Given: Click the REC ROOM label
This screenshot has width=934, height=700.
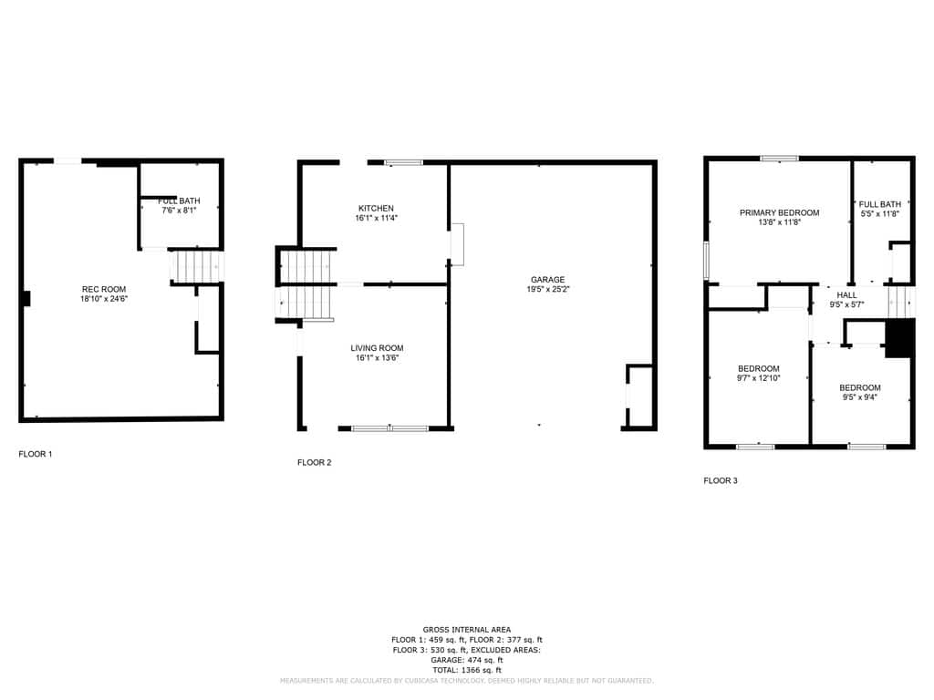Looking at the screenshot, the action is click(104, 289).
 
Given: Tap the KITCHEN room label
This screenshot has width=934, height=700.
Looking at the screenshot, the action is click(376, 209).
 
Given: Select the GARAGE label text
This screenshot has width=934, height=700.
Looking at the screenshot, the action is click(548, 280).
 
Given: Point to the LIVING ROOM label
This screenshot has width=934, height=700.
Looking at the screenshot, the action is click(377, 348).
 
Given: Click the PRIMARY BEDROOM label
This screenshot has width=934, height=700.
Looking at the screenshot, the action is click(779, 212).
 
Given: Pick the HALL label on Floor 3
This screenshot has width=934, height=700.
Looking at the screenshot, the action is click(846, 294).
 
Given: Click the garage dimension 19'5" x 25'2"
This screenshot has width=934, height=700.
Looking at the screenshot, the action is click(548, 289).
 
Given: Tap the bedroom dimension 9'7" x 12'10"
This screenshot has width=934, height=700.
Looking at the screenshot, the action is click(758, 378).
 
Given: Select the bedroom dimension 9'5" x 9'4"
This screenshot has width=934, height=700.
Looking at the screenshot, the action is click(859, 397).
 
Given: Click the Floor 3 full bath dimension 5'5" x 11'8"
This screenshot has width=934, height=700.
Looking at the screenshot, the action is click(880, 213).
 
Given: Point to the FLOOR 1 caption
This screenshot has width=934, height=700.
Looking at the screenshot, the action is click(36, 454).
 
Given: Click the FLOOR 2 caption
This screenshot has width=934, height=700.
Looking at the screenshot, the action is click(315, 462).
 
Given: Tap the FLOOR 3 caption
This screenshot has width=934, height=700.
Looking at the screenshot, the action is click(721, 480).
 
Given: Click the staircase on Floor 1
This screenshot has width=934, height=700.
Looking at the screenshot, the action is click(197, 267).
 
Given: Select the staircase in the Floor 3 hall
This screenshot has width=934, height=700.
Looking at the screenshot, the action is click(901, 303).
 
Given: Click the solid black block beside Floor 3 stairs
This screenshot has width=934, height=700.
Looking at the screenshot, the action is click(900, 338).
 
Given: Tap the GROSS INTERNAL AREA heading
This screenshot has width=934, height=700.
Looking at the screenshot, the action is click(467, 630).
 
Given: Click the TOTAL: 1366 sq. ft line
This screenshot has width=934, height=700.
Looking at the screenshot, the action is click(467, 670).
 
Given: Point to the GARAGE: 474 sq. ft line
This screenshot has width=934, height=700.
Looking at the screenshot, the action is click(467, 660).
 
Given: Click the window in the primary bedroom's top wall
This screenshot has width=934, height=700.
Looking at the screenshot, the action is click(779, 159).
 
